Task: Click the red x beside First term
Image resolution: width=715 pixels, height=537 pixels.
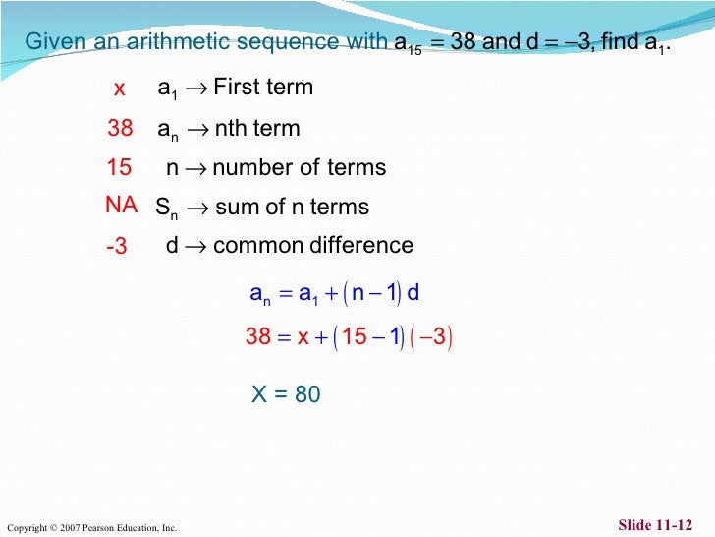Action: pyautogui.click(x=119, y=89)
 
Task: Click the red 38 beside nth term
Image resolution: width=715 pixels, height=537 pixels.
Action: pyautogui.click(x=120, y=129)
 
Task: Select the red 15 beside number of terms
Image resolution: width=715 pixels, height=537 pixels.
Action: pyautogui.click(x=119, y=168)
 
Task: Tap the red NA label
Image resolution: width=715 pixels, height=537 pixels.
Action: pyautogui.click(x=121, y=206)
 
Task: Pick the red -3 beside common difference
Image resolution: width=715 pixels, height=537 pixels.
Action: pyautogui.click(x=117, y=247)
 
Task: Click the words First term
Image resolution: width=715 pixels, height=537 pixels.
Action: pyautogui.click(x=263, y=88)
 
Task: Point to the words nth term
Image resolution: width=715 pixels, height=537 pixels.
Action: pyautogui.click(x=256, y=129)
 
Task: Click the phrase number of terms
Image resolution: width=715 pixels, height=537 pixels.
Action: pyautogui.click(x=300, y=168)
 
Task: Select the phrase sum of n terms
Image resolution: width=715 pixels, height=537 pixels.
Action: pyautogui.click(x=292, y=208)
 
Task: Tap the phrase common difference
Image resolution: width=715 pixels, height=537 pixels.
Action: pyautogui.click(x=313, y=245)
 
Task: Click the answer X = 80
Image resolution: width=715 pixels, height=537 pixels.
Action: pyautogui.click(x=286, y=394)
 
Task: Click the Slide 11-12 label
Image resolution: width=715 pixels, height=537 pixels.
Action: pyautogui.click(x=655, y=525)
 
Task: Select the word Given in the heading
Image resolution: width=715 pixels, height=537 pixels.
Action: pyautogui.click(x=55, y=42)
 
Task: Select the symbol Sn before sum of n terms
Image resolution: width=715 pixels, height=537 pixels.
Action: pyautogui.click(x=167, y=209)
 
